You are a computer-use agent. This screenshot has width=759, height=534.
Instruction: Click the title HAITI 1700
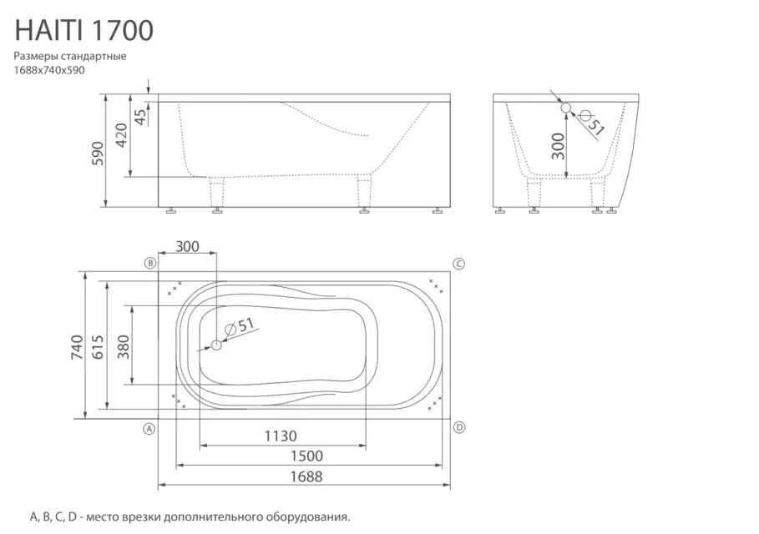coord(84,31)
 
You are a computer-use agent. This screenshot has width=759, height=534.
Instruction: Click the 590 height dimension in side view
coord(99,154)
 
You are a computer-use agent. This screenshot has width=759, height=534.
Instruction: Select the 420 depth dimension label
coord(121,135)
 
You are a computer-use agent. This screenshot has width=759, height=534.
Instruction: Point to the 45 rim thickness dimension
coord(140,117)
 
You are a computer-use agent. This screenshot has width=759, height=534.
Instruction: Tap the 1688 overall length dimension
coord(306,477)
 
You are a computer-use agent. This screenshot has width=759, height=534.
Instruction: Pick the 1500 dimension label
coord(306,456)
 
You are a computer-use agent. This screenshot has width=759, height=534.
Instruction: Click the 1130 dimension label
coord(281,436)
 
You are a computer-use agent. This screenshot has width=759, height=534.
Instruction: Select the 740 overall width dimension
coord(78,347)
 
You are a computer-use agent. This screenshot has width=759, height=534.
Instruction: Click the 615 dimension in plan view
coord(99,347)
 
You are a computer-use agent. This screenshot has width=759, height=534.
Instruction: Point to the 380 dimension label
coord(124,347)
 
